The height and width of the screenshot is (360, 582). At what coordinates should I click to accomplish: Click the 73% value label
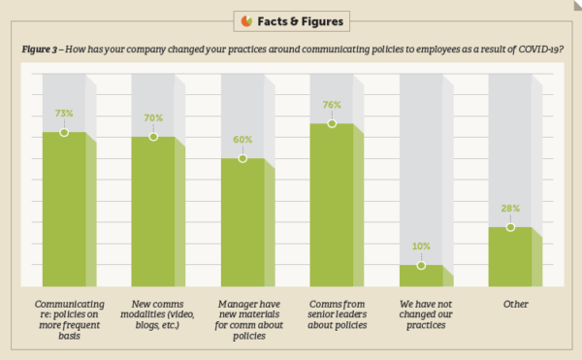click(64, 113)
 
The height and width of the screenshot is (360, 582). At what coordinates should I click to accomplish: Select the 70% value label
click(153, 118)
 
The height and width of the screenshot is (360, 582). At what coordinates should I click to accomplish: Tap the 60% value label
click(242, 139)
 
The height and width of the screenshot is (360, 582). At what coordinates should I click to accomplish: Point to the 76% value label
click(331, 105)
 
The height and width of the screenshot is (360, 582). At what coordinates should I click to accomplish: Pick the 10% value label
click(420, 246)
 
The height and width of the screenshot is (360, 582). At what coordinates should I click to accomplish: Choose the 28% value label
click(510, 208)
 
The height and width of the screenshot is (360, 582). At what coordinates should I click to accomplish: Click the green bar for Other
click(510, 257)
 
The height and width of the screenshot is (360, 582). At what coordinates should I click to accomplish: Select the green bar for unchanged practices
click(420, 276)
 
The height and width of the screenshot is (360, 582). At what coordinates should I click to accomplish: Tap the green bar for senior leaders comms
click(331, 204)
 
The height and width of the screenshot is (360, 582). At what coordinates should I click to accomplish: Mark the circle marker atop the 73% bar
click(64, 132)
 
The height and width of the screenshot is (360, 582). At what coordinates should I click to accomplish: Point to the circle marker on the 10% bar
click(420, 265)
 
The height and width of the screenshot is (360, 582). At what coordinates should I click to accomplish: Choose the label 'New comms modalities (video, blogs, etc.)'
click(160, 316)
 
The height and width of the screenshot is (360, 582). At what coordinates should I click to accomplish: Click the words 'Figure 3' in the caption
click(40, 48)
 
